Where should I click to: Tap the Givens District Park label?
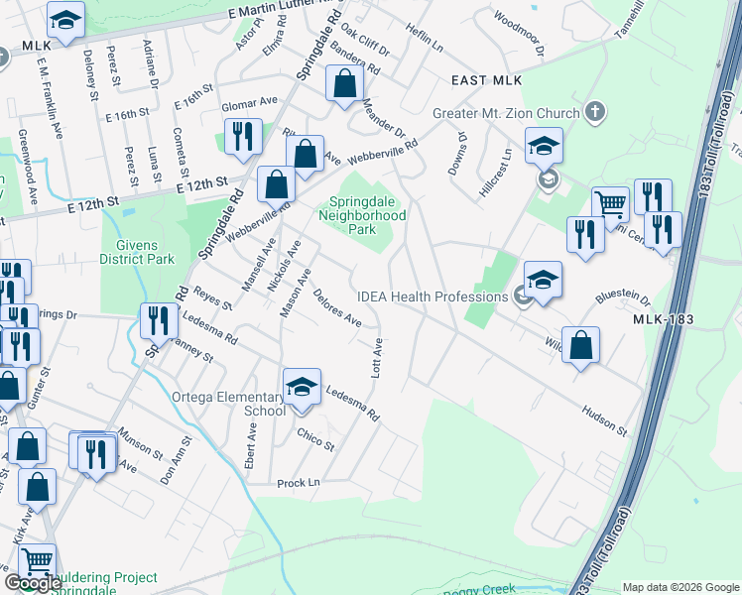(x=137, y=251)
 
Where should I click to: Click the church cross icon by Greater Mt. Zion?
(x=595, y=110)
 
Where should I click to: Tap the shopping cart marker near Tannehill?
(x=610, y=205)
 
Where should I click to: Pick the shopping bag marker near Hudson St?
(x=581, y=345)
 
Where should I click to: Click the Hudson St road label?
(x=604, y=421)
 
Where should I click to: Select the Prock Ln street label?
(x=300, y=482)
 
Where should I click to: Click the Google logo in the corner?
(x=33, y=584)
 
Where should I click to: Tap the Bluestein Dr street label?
(x=622, y=297)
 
